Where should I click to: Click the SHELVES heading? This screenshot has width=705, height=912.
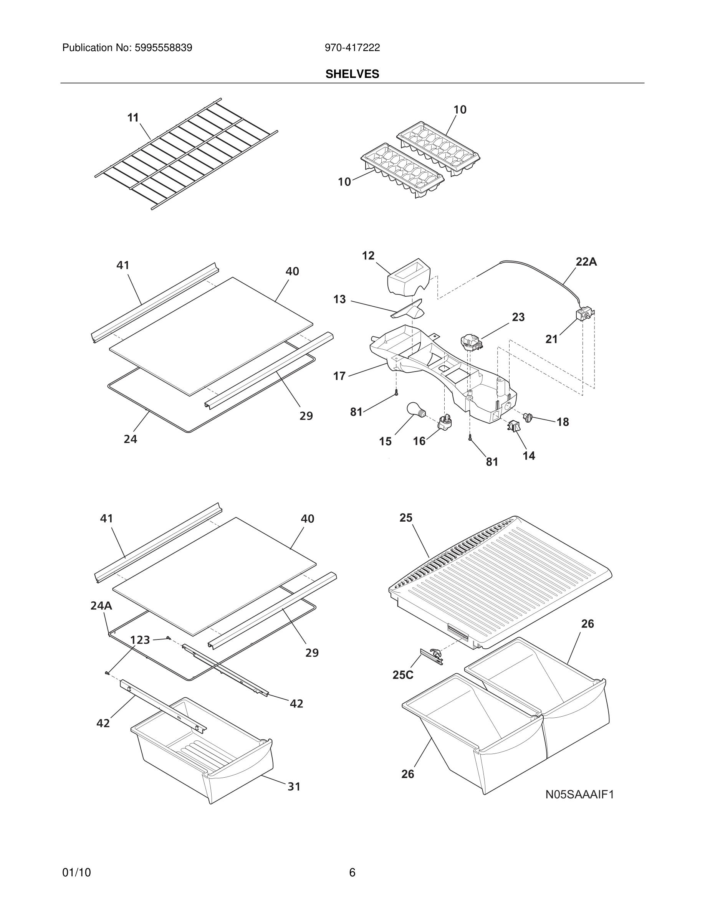click(352, 74)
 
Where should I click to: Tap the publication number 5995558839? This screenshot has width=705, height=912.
click(163, 48)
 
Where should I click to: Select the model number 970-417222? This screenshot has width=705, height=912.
click(352, 48)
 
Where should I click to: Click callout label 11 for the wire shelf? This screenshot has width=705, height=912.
click(133, 118)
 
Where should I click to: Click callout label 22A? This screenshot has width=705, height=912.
click(586, 262)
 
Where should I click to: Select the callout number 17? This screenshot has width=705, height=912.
click(339, 376)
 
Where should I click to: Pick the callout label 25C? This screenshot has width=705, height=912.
click(403, 675)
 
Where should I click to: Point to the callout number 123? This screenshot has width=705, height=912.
click(140, 640)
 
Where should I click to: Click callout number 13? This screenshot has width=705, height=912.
click(339, 299)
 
